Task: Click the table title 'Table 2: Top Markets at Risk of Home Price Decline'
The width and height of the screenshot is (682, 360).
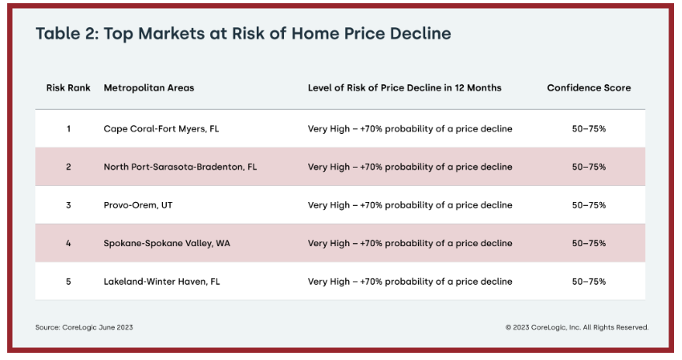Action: pyautogui.click(x=243, y=34)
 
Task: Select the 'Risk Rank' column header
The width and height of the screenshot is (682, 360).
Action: pyautogui.click(x=68, y=88)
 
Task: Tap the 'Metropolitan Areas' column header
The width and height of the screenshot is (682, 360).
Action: pyautogui.click(x=148, y=88)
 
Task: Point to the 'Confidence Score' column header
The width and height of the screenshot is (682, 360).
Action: pyautogui.click(x=589, y=88)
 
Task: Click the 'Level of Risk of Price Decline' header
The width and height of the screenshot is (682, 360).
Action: pyautogui.click(x=404, y=88)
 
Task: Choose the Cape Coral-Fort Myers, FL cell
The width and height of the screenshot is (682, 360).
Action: pyautogui.click(x=161, y=129)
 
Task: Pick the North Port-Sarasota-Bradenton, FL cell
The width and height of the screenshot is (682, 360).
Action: pyautogui.click(x=180, y=167)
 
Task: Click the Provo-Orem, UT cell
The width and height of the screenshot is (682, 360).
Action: pyautogui.click(x=138, y=205)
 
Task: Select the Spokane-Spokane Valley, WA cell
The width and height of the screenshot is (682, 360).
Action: pyautogui.click(x=167, y=244)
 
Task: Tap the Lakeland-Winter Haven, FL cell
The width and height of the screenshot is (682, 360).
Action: pyautogui.click(x=162, y=281)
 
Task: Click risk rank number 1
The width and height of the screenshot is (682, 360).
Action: pyautogui.click(x=68, y=129)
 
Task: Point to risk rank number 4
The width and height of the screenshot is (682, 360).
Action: pyautogui.click(x=68, y=244)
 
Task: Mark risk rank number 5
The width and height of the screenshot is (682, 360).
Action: pyautogui.click(x=68, y=281)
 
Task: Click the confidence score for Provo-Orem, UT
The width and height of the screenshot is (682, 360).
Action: pyautogui.click(x=589, y=205)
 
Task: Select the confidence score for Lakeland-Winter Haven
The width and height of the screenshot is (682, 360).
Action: pyautogui.click(x=589, y=281)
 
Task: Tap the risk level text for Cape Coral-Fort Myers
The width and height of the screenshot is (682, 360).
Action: pyautogui.click(x=410, y=129)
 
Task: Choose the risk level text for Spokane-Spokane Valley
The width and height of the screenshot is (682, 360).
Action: pyautogui.click(x=410, y=244)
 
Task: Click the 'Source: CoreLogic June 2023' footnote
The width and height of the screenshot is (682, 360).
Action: pyautogui.click(x=84, y=327)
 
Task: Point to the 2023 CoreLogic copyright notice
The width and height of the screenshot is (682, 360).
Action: pyautogui.click(x=577, y=327)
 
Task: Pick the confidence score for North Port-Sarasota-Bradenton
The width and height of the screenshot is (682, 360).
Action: pyautogui.click(x=589, y=167)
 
